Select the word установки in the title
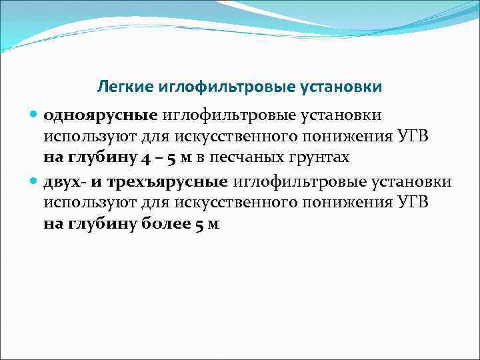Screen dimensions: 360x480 point(347,87)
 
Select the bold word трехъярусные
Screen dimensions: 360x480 point(171,181)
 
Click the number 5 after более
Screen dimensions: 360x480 point(200,225)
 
